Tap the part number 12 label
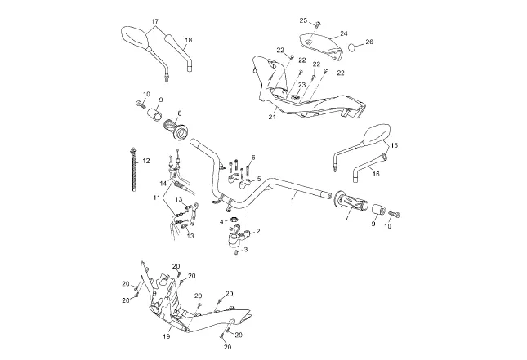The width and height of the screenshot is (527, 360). (146, 162)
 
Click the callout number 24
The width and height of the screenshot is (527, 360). (344, 33)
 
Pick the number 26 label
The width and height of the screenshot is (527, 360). (369, 42)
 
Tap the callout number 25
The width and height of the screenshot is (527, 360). (302, 20)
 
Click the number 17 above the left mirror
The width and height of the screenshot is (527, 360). (154, 20)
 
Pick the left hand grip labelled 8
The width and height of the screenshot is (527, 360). (176, 128)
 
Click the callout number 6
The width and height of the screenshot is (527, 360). (253, 158)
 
